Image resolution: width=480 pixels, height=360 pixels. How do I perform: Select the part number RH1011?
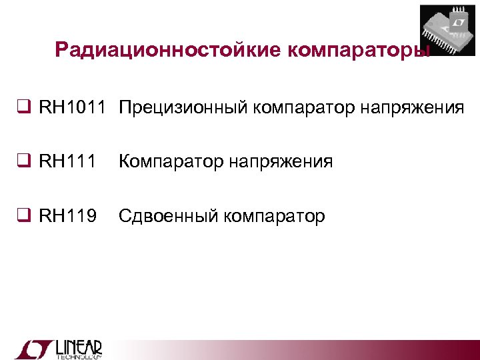point(72,107)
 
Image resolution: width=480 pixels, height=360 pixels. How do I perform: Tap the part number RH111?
point(68,162)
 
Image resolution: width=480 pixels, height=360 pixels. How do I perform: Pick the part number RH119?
point(68,216)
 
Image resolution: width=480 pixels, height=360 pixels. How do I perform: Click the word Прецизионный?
point(173,107)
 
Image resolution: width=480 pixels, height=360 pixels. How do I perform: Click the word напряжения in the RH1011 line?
point(413,107)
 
